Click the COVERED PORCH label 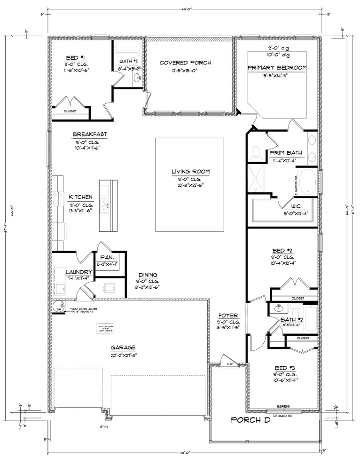[x=185, y=63]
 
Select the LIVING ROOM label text [x=190, y=172]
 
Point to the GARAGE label [x=124, y=348]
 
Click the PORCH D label [x=250, y=420]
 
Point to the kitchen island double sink [x=107, y=205]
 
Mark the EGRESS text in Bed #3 [x=283, y=406]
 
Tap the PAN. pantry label [x=105, y=258]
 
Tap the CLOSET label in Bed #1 [x=70, y=111]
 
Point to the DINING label [x=148, y=275]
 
